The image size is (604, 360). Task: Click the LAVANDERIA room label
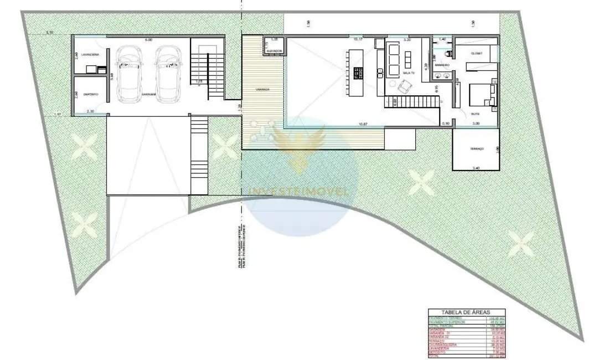click(90, 55)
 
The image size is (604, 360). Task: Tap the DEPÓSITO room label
click(91, 95)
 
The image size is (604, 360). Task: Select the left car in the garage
click(129, 73)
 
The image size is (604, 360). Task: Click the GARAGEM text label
click(148, 95)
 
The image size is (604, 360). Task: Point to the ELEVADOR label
click(274, 51)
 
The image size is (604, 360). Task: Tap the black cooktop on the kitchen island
click(358, 73)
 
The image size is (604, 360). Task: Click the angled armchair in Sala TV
click(405, 86)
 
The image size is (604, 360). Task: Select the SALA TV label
click(409, 73)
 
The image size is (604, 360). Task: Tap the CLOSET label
click(476, 53)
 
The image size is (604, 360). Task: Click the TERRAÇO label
click(476, 149)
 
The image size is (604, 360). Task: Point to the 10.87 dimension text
click(363, 124)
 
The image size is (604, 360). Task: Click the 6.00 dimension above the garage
click(148, 40)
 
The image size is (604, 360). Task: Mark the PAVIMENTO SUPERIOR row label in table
click(447, 322)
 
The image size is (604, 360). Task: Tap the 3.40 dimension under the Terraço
click(476, 167)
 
